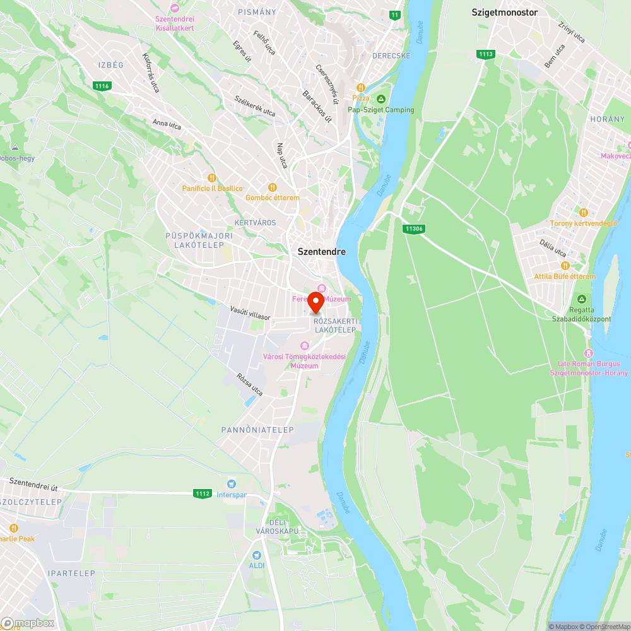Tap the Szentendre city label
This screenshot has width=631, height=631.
(x=321, y=251)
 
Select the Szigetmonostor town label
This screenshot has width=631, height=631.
(x=505, y=12)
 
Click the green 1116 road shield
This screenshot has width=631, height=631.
(x=101, y=86)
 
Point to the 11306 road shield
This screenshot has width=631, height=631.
(x=414, y=229)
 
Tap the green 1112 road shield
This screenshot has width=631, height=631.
(x=202, y=493)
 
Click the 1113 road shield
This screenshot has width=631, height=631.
(x=486, y=54)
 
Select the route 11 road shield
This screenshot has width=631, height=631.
(x=395, y=15)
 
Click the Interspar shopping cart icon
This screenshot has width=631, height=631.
(x=231, y=484)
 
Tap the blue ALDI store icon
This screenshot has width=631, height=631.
(x=256, y=555)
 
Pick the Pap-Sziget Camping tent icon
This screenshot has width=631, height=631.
(x=381, y=99)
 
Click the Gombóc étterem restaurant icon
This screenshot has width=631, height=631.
(x=273, y=187)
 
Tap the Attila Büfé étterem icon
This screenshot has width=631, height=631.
(x=565, y=266)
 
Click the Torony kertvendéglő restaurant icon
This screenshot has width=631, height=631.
(x=583, y=213)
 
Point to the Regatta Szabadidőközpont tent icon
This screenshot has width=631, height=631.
(x=581, y=299)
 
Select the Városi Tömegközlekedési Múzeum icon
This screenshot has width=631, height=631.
(x=305, y=346)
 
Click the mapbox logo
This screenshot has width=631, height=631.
(x=28, y=623)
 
